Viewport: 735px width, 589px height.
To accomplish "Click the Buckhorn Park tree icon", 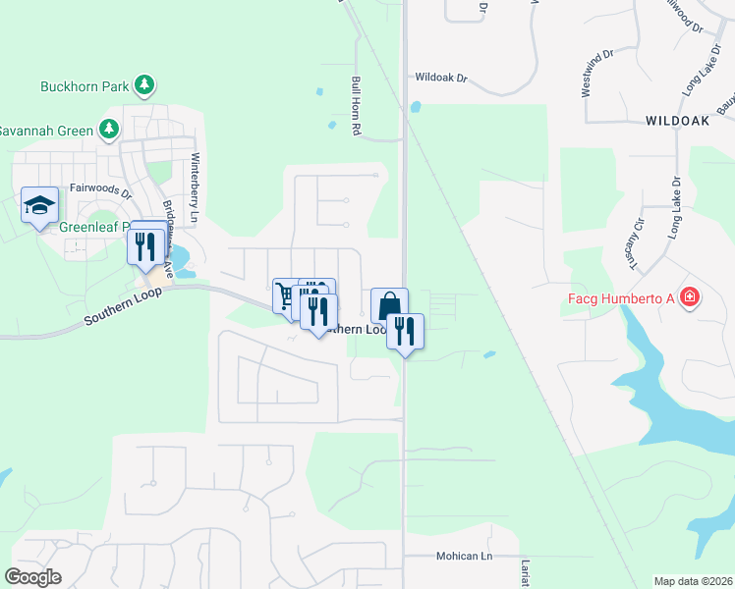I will tap(145, 85).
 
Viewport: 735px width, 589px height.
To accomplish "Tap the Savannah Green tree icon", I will tap(109, 130).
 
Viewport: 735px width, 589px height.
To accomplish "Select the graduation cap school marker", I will tap(39, 205).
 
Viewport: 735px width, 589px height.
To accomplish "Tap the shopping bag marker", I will tap(389, 305).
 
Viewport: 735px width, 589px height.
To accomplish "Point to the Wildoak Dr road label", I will tap(443, 76).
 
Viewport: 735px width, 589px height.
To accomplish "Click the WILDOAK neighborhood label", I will tap(678, 121).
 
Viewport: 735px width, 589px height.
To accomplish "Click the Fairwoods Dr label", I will tap(100, 187).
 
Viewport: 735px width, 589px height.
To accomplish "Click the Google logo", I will tap(32, 577).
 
